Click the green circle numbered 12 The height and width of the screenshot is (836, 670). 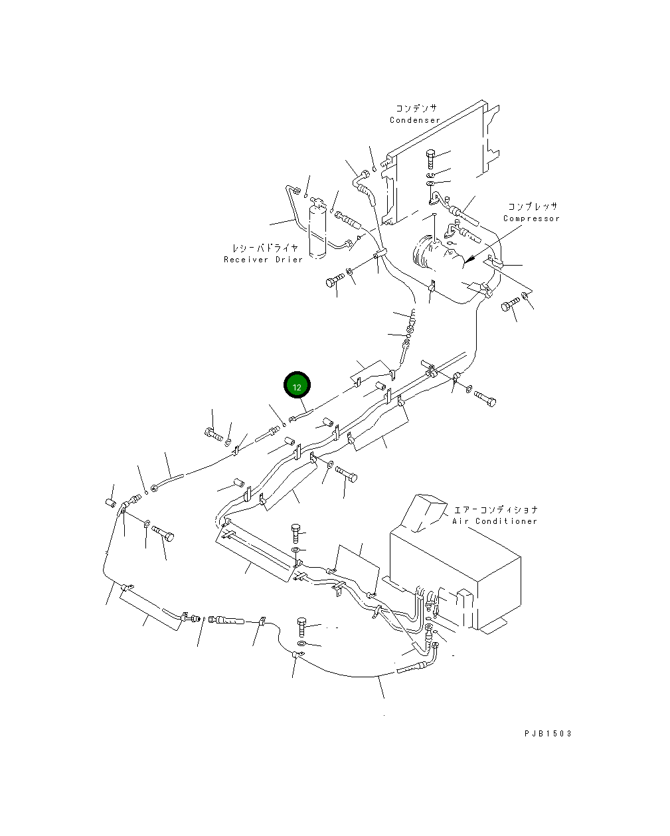tap(297, 386)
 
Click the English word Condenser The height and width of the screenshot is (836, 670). tap(414, 120)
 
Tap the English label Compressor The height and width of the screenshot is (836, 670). tap(531, 218)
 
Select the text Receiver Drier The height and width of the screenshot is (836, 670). tap(263, 260)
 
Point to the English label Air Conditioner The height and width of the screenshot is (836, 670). tap(495, 522)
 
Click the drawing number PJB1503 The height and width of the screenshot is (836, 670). tap(547, 733)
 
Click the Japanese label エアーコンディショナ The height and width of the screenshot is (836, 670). tap(495, 510)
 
